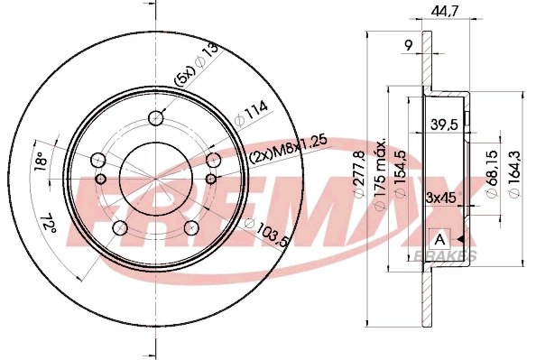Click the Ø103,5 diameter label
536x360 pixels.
point(261,232)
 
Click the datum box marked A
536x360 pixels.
point(439,239)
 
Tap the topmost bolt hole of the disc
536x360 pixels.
point(157,117)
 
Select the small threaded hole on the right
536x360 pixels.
point(215,162)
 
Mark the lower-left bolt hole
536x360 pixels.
point(119,226)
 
